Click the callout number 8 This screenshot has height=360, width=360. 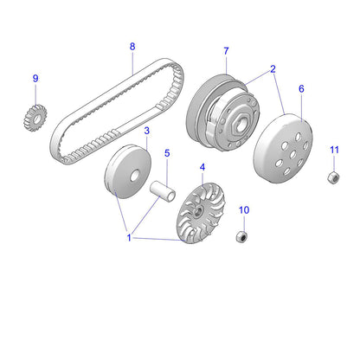132,46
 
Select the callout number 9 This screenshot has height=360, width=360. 35,79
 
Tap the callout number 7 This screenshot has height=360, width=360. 226,50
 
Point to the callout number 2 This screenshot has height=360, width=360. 273,68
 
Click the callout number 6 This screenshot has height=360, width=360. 301,88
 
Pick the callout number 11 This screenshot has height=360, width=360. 334,151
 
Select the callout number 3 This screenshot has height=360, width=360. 146,131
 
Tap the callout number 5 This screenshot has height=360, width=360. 168,154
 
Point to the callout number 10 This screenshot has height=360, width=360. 243,210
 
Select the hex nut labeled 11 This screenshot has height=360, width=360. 331,177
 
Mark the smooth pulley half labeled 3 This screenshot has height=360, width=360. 122,173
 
